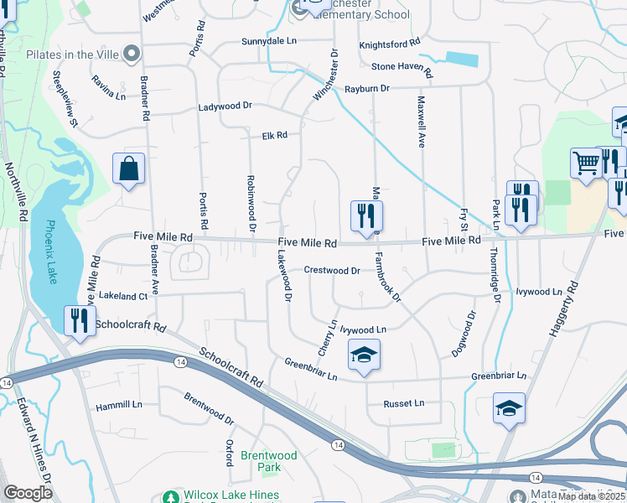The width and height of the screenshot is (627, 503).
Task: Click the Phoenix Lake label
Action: (51, 251)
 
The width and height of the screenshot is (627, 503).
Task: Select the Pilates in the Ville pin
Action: (131, 54)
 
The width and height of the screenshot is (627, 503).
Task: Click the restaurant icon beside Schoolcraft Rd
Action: (80, 320)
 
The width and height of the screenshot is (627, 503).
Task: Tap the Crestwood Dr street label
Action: (332, 271)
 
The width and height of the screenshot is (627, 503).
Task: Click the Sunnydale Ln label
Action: (269, 40)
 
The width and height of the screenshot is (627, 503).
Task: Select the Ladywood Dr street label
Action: (225, 106)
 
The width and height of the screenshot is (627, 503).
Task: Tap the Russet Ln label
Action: (404, 403)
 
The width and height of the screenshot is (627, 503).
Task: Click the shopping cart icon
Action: (585, 163)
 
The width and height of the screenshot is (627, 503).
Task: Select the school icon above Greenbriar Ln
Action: (364, 355)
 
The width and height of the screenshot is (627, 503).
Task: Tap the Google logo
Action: (28, 493)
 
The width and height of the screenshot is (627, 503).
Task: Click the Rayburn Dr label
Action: (366, 88)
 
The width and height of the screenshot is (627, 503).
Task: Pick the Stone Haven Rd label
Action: (402, 67)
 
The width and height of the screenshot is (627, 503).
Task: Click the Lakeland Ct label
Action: (122, 296)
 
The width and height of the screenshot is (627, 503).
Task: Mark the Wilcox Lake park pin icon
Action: (171, 496)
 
